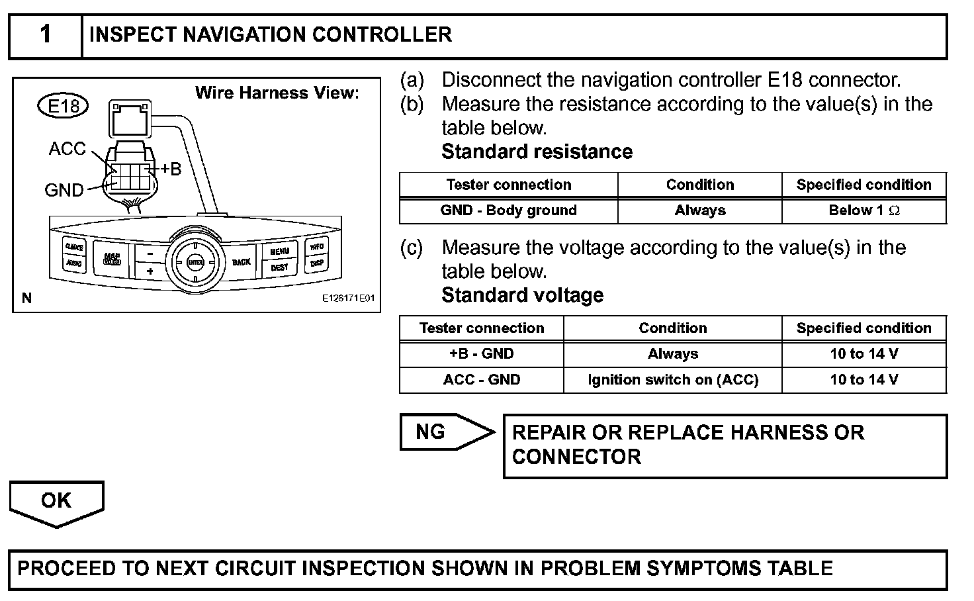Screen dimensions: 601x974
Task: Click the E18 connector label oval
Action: (x=64, y=106)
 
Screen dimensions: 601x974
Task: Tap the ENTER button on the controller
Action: (x=195, y=263)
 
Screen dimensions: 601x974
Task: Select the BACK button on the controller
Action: (x=241, y=262)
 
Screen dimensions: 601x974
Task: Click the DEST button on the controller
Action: (x=279, y=267)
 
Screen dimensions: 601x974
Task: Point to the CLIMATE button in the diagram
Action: (x=73, y=247)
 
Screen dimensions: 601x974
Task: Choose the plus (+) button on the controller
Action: (x=150, y=271)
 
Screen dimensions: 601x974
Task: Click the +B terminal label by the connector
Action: (x=170, y=169)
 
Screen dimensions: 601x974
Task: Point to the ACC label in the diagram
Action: (x=67, y=149)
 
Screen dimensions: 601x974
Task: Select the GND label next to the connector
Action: (x=64, y=191)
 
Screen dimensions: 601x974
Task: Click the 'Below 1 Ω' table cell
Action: (x=863, y=210)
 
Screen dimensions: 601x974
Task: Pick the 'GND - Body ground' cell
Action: (x=508, y=210)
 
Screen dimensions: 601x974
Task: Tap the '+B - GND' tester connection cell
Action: (x=481, y=353)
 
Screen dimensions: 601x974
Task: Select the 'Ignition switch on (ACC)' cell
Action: (x=672, y=379)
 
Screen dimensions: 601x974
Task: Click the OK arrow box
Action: (x=56, y=502)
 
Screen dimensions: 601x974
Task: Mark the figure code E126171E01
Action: (x=348, y=299)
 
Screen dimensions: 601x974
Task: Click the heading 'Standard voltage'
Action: (x=522, y=295)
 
